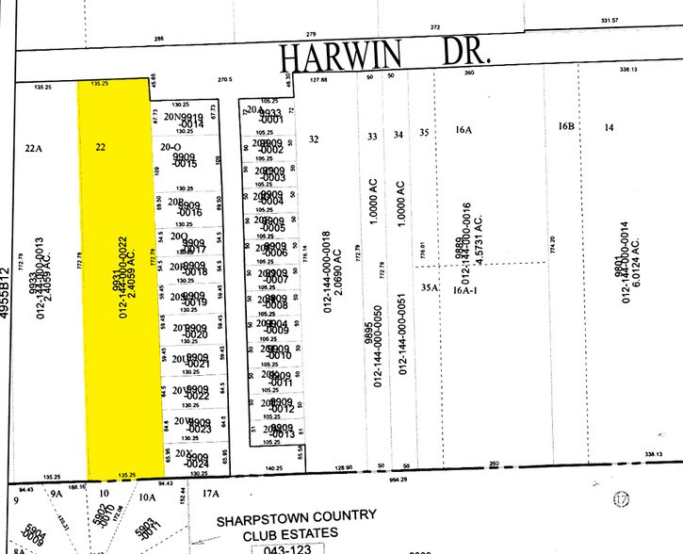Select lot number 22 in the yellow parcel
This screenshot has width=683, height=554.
101,147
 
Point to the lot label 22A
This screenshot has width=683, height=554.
34,147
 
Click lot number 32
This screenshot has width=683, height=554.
314,139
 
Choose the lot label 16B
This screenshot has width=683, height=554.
565,126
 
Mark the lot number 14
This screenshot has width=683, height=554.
610,126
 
